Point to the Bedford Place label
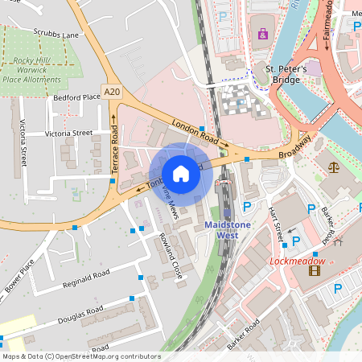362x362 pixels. pos(76,97)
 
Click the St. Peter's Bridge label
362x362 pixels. pos(286,75)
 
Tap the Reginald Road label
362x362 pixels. pos(86,279)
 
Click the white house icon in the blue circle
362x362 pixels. pos(181,173)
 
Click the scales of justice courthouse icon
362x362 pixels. pos(334,167)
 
